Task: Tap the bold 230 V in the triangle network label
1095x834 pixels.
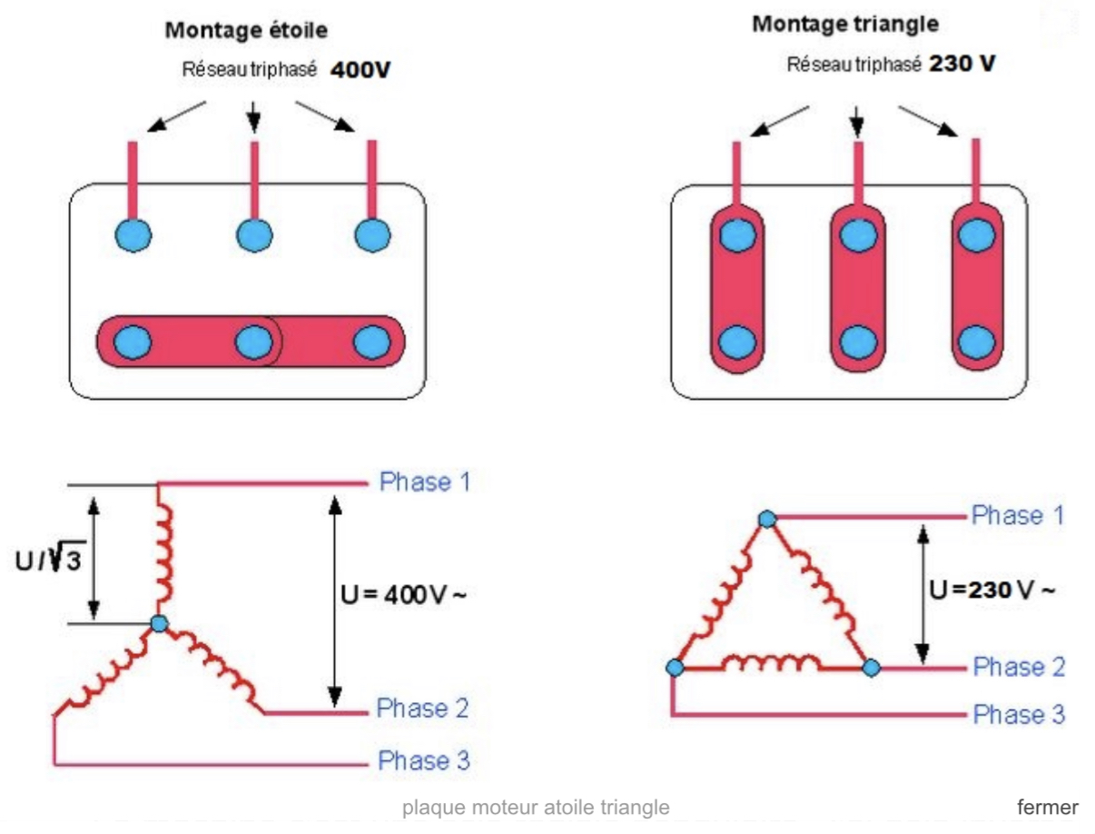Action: (961, 66)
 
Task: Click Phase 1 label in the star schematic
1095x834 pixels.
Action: (424, 482)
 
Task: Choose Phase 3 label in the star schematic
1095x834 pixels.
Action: (424, 760)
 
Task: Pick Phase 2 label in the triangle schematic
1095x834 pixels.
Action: (1019, 667)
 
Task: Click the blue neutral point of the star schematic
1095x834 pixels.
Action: (159, 623)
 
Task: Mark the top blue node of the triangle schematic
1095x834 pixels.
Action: (767, 519)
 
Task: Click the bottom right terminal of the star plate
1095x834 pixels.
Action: (370, 343)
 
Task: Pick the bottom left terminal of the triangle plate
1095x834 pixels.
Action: (735, 342)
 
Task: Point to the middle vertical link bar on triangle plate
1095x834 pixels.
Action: (854, 289)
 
